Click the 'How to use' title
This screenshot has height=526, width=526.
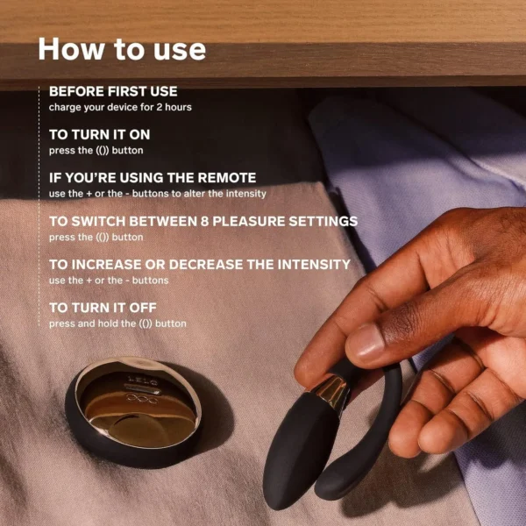pos(122,49)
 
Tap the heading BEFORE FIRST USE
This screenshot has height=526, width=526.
pos(113,91)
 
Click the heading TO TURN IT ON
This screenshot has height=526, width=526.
pos(100,134)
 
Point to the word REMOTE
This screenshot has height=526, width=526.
pos(227,178)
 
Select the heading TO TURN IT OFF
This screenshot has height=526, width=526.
pos(103,308)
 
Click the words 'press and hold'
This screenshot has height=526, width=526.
pos(83,323)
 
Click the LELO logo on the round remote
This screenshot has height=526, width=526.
pos(143,380)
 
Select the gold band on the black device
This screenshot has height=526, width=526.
pos(332,392)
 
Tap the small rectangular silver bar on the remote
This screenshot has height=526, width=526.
pos(143,390)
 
